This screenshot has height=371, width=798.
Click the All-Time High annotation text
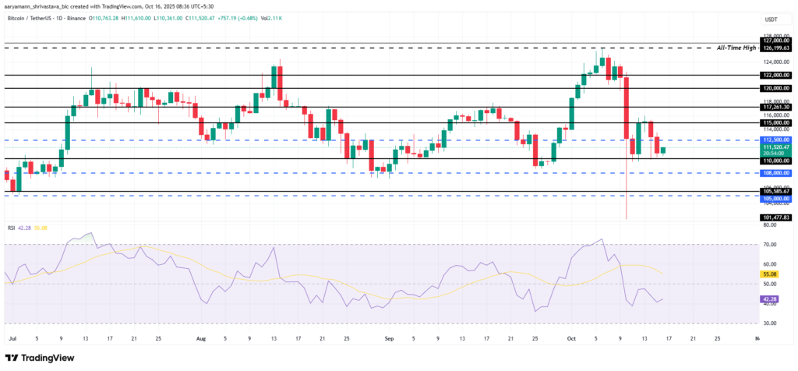click(x=736, y=48)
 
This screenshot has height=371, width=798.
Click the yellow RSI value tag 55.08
click(x=770, y=274)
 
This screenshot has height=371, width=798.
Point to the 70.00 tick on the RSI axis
click(x=770, y=245)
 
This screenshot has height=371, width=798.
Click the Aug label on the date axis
click(x=201, y=340)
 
